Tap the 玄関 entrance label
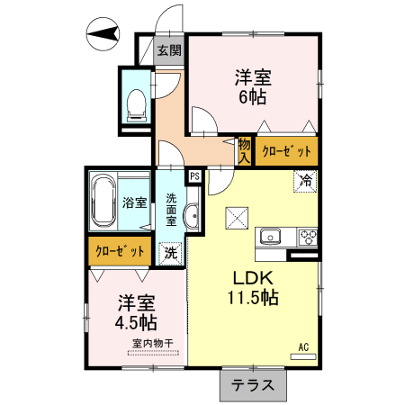[169, 50]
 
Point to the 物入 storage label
[245, 150]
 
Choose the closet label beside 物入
[286, 151]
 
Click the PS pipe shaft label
[194, 177]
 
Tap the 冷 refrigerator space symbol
[306, 180]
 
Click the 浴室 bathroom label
[135, 202]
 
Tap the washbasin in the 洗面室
[191, 216]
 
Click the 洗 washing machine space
[170, 253]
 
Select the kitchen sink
[271, 238]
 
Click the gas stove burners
[307, 238]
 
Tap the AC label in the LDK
[303, 346]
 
